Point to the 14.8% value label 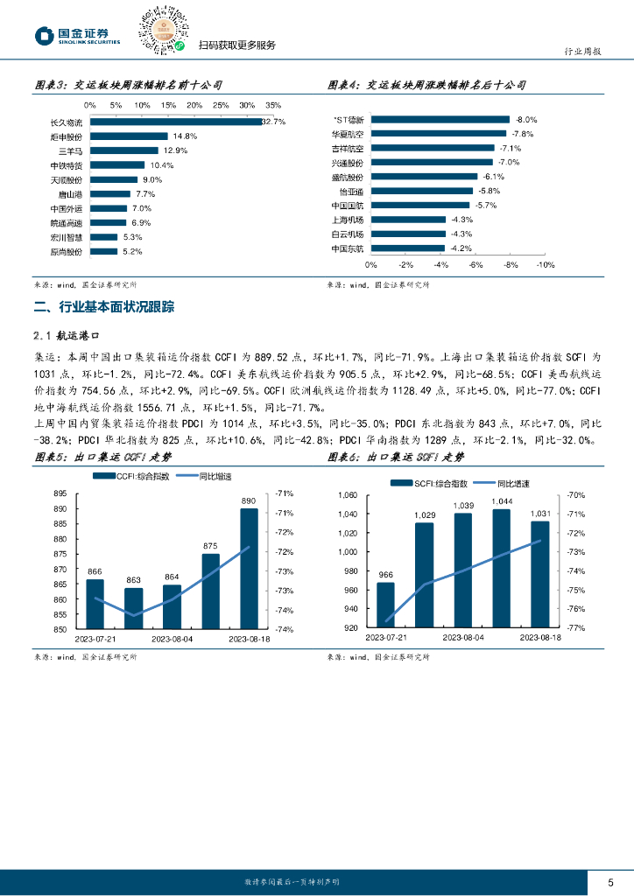click(x=186, y=136)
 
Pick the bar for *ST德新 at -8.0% click(x=440, y=119)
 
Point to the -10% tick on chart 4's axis click(x=545, y=264)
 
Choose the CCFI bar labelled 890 click(x=249, y=568)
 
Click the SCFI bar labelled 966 click(x=385, y=605)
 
